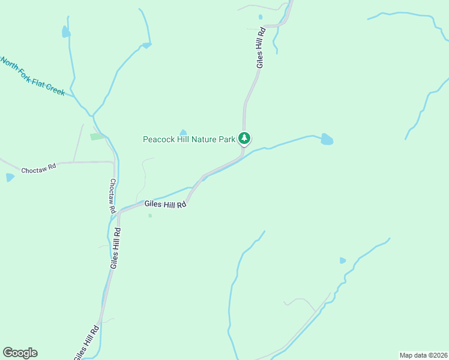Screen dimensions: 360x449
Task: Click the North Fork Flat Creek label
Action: (x=32, y=76)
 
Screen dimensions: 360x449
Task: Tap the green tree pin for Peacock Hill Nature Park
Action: (x=244, y=139)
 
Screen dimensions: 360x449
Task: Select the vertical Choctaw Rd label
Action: (x=112, y=196)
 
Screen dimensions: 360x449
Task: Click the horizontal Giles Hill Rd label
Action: (x=166, y=204)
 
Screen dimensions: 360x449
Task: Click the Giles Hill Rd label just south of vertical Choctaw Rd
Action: (x=115, y=248)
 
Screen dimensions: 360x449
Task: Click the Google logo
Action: (x=20, y=353)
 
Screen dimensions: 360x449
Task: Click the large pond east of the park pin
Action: (x=327, y=140)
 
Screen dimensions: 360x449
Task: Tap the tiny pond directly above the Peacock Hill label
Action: (x=183, y=133)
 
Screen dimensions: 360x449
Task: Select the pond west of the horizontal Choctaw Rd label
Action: (x=10, y=178)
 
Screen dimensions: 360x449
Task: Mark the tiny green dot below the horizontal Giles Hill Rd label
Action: (x=149, y=216)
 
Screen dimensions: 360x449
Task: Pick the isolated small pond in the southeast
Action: (x=343, y=260)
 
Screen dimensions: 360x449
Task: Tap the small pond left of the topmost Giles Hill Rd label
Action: (x=260, y=17)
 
